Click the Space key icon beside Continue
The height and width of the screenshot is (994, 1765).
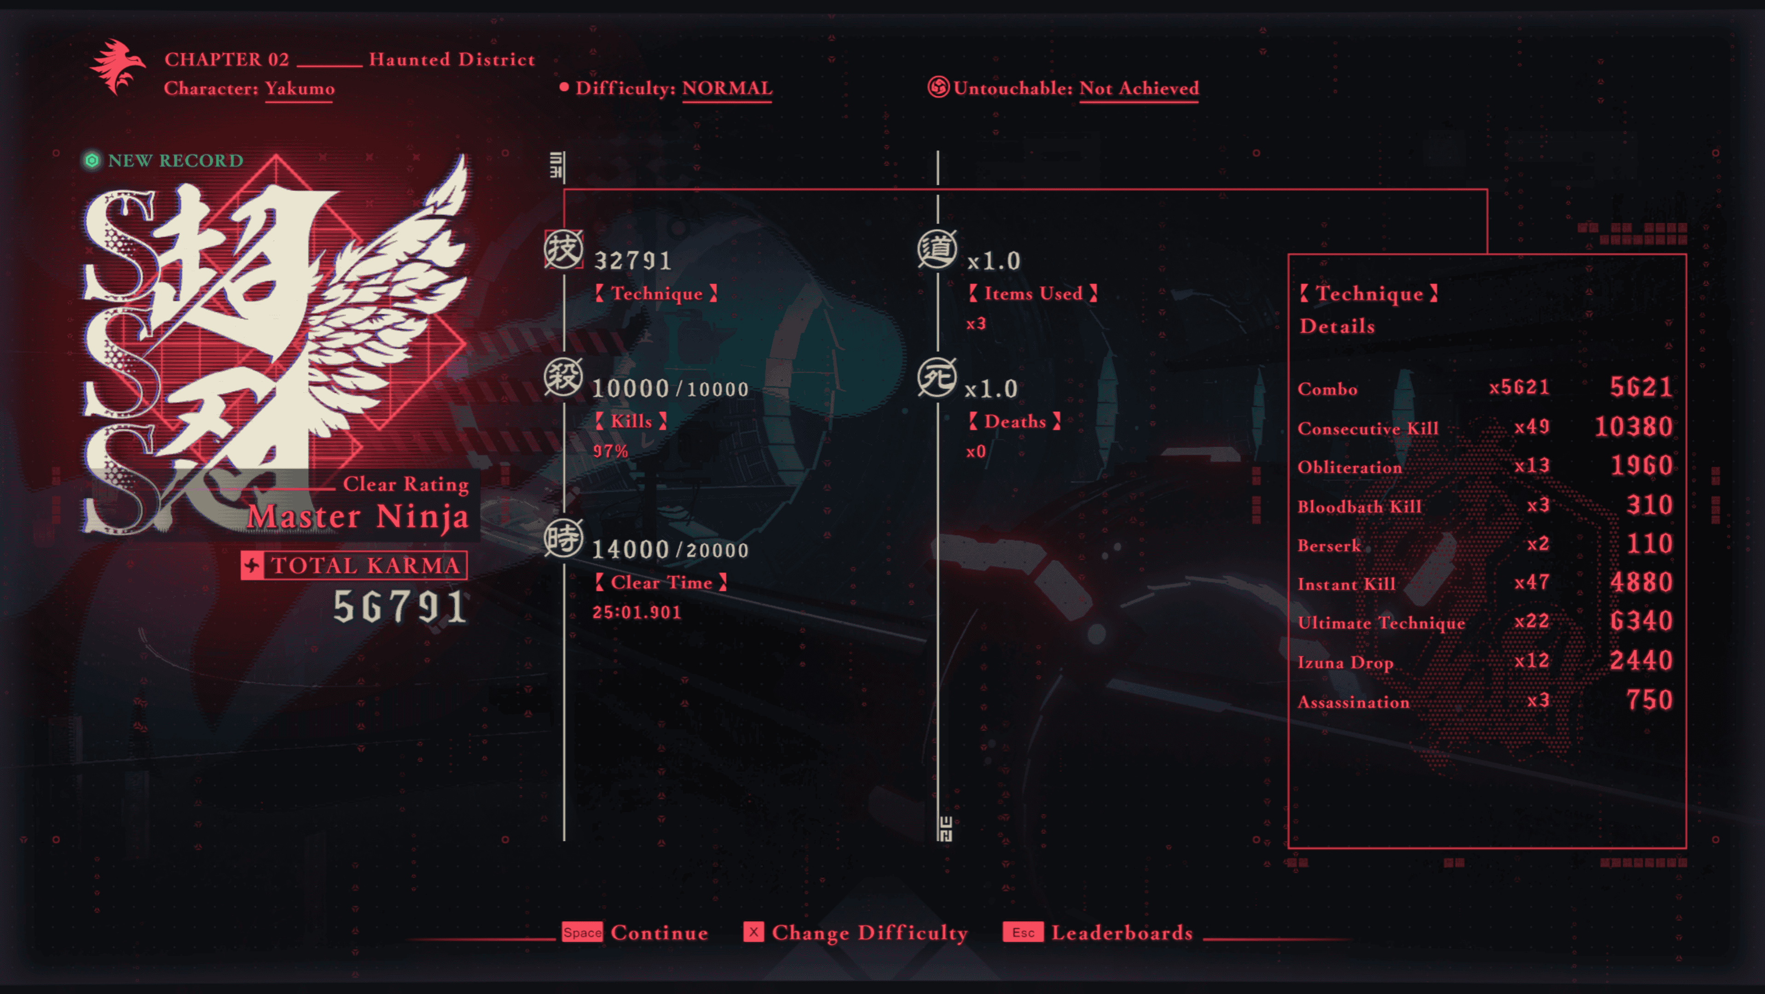pos(582,932)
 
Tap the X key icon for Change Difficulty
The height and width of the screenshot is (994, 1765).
pos(753,932)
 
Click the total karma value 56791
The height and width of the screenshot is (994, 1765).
pos(400,607)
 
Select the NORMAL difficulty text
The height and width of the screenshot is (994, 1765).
pos(727,88)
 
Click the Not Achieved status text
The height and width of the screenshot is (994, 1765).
pos(1139,88)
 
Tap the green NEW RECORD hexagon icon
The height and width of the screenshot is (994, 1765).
pos(92,160)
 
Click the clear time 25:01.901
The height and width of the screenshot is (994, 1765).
pos(637,612)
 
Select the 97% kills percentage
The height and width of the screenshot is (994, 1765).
pos(610,451)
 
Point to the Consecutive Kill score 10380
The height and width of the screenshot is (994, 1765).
pos(1633,427)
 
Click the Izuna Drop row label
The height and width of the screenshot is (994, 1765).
pos(1345,662)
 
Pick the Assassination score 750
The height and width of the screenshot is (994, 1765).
pos(1649,700)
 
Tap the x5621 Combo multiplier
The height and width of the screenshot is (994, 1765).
pos(1519,388)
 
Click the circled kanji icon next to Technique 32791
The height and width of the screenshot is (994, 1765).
pos(563,250)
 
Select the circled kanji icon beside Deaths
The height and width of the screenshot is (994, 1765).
pos(937,377)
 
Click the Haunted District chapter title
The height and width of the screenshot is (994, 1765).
pos(451,60)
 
